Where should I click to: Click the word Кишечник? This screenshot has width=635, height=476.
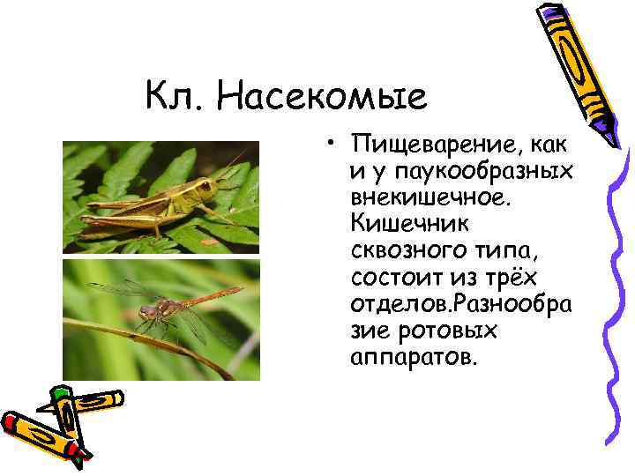pyautogui.click(x=403, y=218)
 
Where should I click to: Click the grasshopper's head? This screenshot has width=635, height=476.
pyautogui.click(x=205, y=189)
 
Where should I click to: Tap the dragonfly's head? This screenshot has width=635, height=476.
pyautogui.click(x=148, y=310)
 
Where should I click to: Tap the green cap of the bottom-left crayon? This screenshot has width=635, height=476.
pyautogui.click(x=60, y=393)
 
